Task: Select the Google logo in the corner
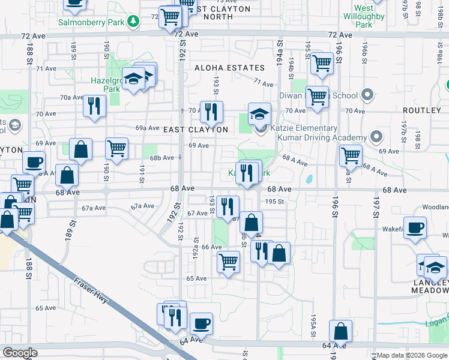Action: tap(20, 353)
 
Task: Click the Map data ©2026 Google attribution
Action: tap(412, 355)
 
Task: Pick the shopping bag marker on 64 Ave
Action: tap(340, 332)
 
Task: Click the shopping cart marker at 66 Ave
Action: tap(228, 262)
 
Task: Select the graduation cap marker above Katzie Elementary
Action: tap(259, 114)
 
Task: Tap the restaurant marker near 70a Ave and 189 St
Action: tap(94, 106)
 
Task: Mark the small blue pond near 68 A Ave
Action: tap(309, 179)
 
